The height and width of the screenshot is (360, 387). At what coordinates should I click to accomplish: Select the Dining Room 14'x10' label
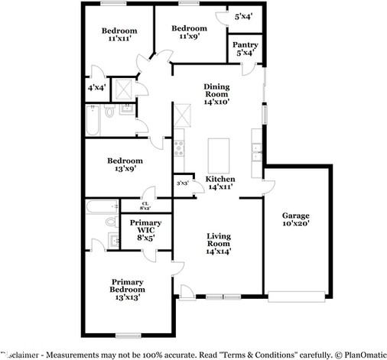coord(216,94)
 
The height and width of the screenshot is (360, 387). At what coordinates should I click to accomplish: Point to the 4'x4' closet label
coord(96,88)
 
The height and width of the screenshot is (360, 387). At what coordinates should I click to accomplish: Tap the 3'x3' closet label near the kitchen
coord(183,183)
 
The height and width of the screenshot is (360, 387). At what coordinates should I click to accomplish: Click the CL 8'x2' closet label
coord(145,206)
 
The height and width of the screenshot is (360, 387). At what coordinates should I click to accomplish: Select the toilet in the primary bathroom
coord(109,220)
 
